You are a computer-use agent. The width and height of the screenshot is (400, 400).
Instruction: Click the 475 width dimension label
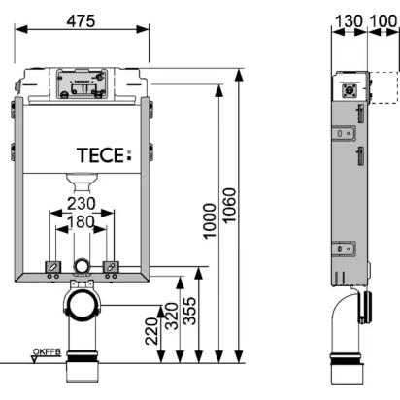(81, 21)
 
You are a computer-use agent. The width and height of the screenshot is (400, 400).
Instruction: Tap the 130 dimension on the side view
(349, 21)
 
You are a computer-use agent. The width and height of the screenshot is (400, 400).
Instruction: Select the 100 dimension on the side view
(383, 21)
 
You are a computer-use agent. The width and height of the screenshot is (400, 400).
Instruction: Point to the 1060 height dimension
(229, 206)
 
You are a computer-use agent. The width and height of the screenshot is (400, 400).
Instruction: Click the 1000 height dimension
(210, 221)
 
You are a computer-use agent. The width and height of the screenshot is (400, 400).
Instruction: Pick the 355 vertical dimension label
(189, 311)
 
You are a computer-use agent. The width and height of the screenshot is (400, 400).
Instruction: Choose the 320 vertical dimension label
(172, 316)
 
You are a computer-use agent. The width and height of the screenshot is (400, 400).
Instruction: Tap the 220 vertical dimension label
(151, 331)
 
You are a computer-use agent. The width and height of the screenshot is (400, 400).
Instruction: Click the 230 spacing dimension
(82, 204)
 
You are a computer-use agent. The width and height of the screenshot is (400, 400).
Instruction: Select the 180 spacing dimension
(81, 222)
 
